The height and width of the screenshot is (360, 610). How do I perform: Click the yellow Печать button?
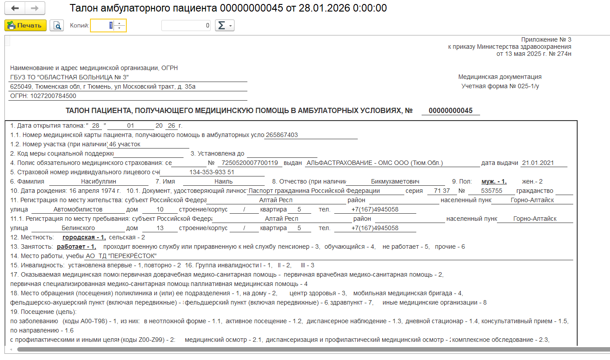tap(25, 26)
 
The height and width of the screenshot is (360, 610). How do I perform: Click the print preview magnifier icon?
tap(57, 26)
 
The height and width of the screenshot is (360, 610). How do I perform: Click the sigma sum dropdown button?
tap(224, 26)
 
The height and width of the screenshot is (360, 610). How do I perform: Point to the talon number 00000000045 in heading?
tap(450, 110)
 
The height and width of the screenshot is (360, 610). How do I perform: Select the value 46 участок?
tap(125, 144)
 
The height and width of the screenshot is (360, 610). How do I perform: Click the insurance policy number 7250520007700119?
tap(250, 163)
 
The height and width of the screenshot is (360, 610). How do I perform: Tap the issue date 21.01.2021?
tap(537, 163)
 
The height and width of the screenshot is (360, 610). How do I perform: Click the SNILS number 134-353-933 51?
tap(211, 172)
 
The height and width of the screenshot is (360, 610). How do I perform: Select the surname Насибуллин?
tap(98, 181)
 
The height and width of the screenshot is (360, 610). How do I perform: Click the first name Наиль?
tap(223, 181)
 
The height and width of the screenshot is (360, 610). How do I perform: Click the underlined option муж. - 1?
tap(494, 181)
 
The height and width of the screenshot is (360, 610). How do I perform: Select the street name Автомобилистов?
tap(78, 209)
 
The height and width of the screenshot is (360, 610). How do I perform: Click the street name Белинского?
tap(78, 228)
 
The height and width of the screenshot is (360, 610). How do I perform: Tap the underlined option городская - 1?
tap(84, 237)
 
